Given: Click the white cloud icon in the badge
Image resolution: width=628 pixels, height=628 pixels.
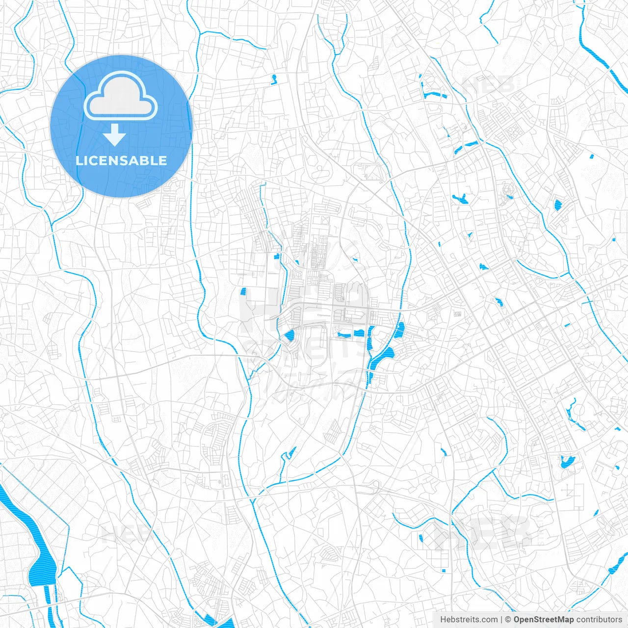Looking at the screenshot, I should pyautogui.click(x=121, y=96).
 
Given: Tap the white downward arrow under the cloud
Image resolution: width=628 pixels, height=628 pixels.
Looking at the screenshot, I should pyautogui.click(x=115, y=135).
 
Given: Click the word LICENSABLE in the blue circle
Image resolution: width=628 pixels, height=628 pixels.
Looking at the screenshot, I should pyautogui.click(x=121, y=160).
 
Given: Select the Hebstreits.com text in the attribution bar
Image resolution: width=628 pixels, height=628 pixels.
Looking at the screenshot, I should pyautogui.click(x=469, y=620).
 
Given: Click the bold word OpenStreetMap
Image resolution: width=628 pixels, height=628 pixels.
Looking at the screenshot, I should pyautogui.click(x=543, y=620).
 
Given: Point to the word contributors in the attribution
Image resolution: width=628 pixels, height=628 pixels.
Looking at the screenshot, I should pyautogui.click(x=599, y=620).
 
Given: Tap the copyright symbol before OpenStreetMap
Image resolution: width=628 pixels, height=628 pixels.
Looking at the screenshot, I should pyautogui.click(x=508, y=620).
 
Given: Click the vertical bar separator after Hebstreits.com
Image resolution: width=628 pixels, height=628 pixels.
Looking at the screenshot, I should pyautogui.click(x=501, y=620).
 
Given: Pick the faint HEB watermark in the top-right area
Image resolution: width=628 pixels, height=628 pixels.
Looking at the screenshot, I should pyautogui.click(x=488, y=84).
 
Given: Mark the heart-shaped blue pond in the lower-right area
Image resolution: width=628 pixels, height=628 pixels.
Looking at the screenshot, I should pyautogui.click(x=568, y=461).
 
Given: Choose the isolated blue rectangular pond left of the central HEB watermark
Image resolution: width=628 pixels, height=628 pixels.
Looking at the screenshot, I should pyautogui.click(x=243, y=291).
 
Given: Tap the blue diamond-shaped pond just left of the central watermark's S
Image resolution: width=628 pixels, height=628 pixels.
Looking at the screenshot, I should pyautogui.click(x=288, y=336).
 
